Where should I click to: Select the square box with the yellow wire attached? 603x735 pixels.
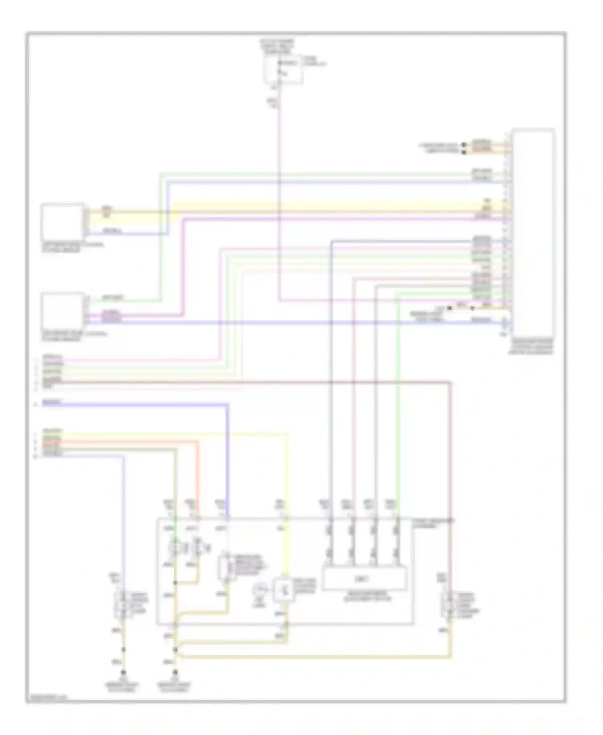(x=63, y=222)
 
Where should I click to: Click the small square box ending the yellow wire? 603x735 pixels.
(x=283, y=590)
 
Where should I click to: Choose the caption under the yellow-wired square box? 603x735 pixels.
(x=72, y=247)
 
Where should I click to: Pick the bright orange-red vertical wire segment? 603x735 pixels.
(x=198, y=474)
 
